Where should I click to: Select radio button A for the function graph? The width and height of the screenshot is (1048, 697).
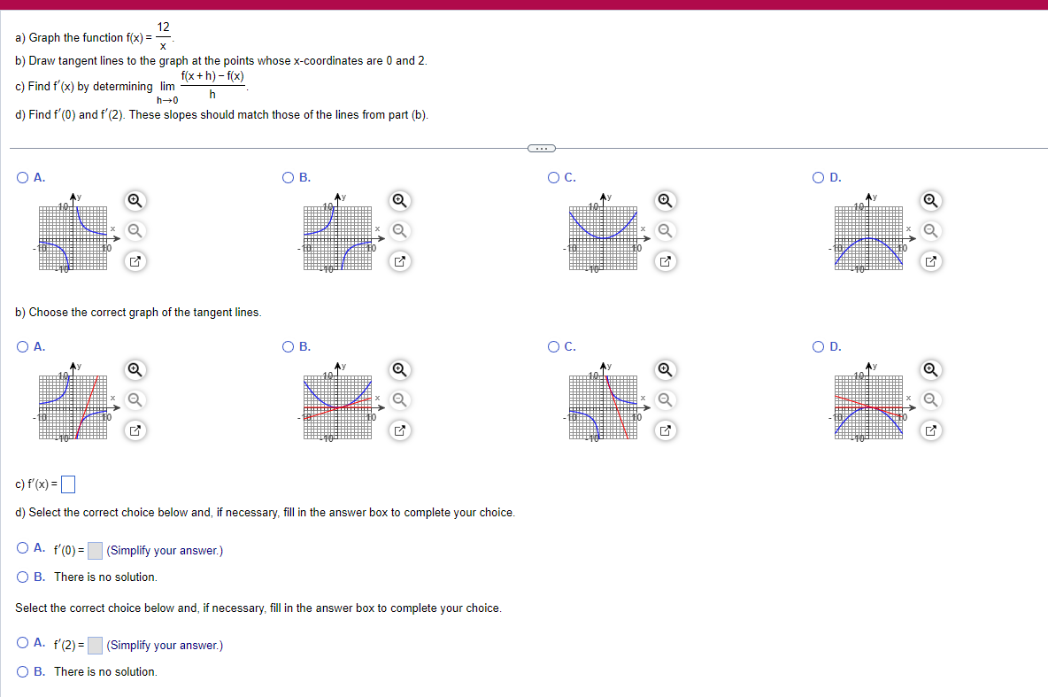(22, 178)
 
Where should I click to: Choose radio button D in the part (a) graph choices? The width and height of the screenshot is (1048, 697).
(817, 178)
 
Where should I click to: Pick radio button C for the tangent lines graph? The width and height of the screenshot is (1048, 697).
(553, 347)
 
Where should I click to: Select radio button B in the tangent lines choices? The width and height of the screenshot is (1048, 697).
(288, 347)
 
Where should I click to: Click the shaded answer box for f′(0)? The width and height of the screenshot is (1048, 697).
(96, 551)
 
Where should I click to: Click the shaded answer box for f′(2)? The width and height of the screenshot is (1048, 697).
(96, 646)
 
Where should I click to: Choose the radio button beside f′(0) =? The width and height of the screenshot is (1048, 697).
(22, 549)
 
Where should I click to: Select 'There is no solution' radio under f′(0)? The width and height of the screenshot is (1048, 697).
(22, 577)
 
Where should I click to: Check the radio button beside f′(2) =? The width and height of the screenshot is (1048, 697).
(22, 644)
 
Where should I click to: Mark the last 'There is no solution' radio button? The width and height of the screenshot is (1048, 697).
(22, 671)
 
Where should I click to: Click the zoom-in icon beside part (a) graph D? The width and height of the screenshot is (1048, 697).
(929, 200)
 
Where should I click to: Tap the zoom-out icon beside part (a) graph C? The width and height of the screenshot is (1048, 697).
(665, 231)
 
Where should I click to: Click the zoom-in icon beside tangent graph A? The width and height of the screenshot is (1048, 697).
(134, 368)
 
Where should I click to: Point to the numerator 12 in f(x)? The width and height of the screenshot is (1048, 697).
(164, 27)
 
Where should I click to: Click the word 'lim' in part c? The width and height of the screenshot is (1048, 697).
(167, 87)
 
